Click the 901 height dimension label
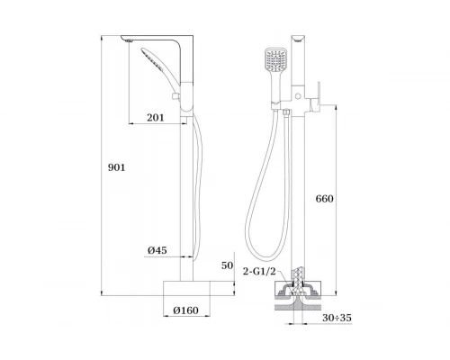(x=116, y=167)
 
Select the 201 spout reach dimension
(x=156, y=118)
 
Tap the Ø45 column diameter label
(x=157, y=250)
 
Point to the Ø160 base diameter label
(x=185, y=310)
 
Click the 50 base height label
(x=227, y=265)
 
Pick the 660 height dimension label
(x=324, y=199)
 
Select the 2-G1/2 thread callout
(x=259, y=272)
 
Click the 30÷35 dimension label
(x=337, y=318)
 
